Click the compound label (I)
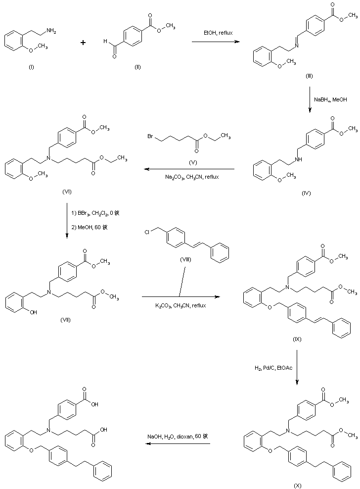click(32, 67)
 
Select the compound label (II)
click(137, 67)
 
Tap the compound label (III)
click(309, 77)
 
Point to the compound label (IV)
click(306, 193)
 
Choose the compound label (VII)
click(65, 319)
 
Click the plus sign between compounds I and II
click(83, 43)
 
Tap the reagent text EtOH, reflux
click(218, 33)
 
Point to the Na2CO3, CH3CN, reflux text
click(192, 176)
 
